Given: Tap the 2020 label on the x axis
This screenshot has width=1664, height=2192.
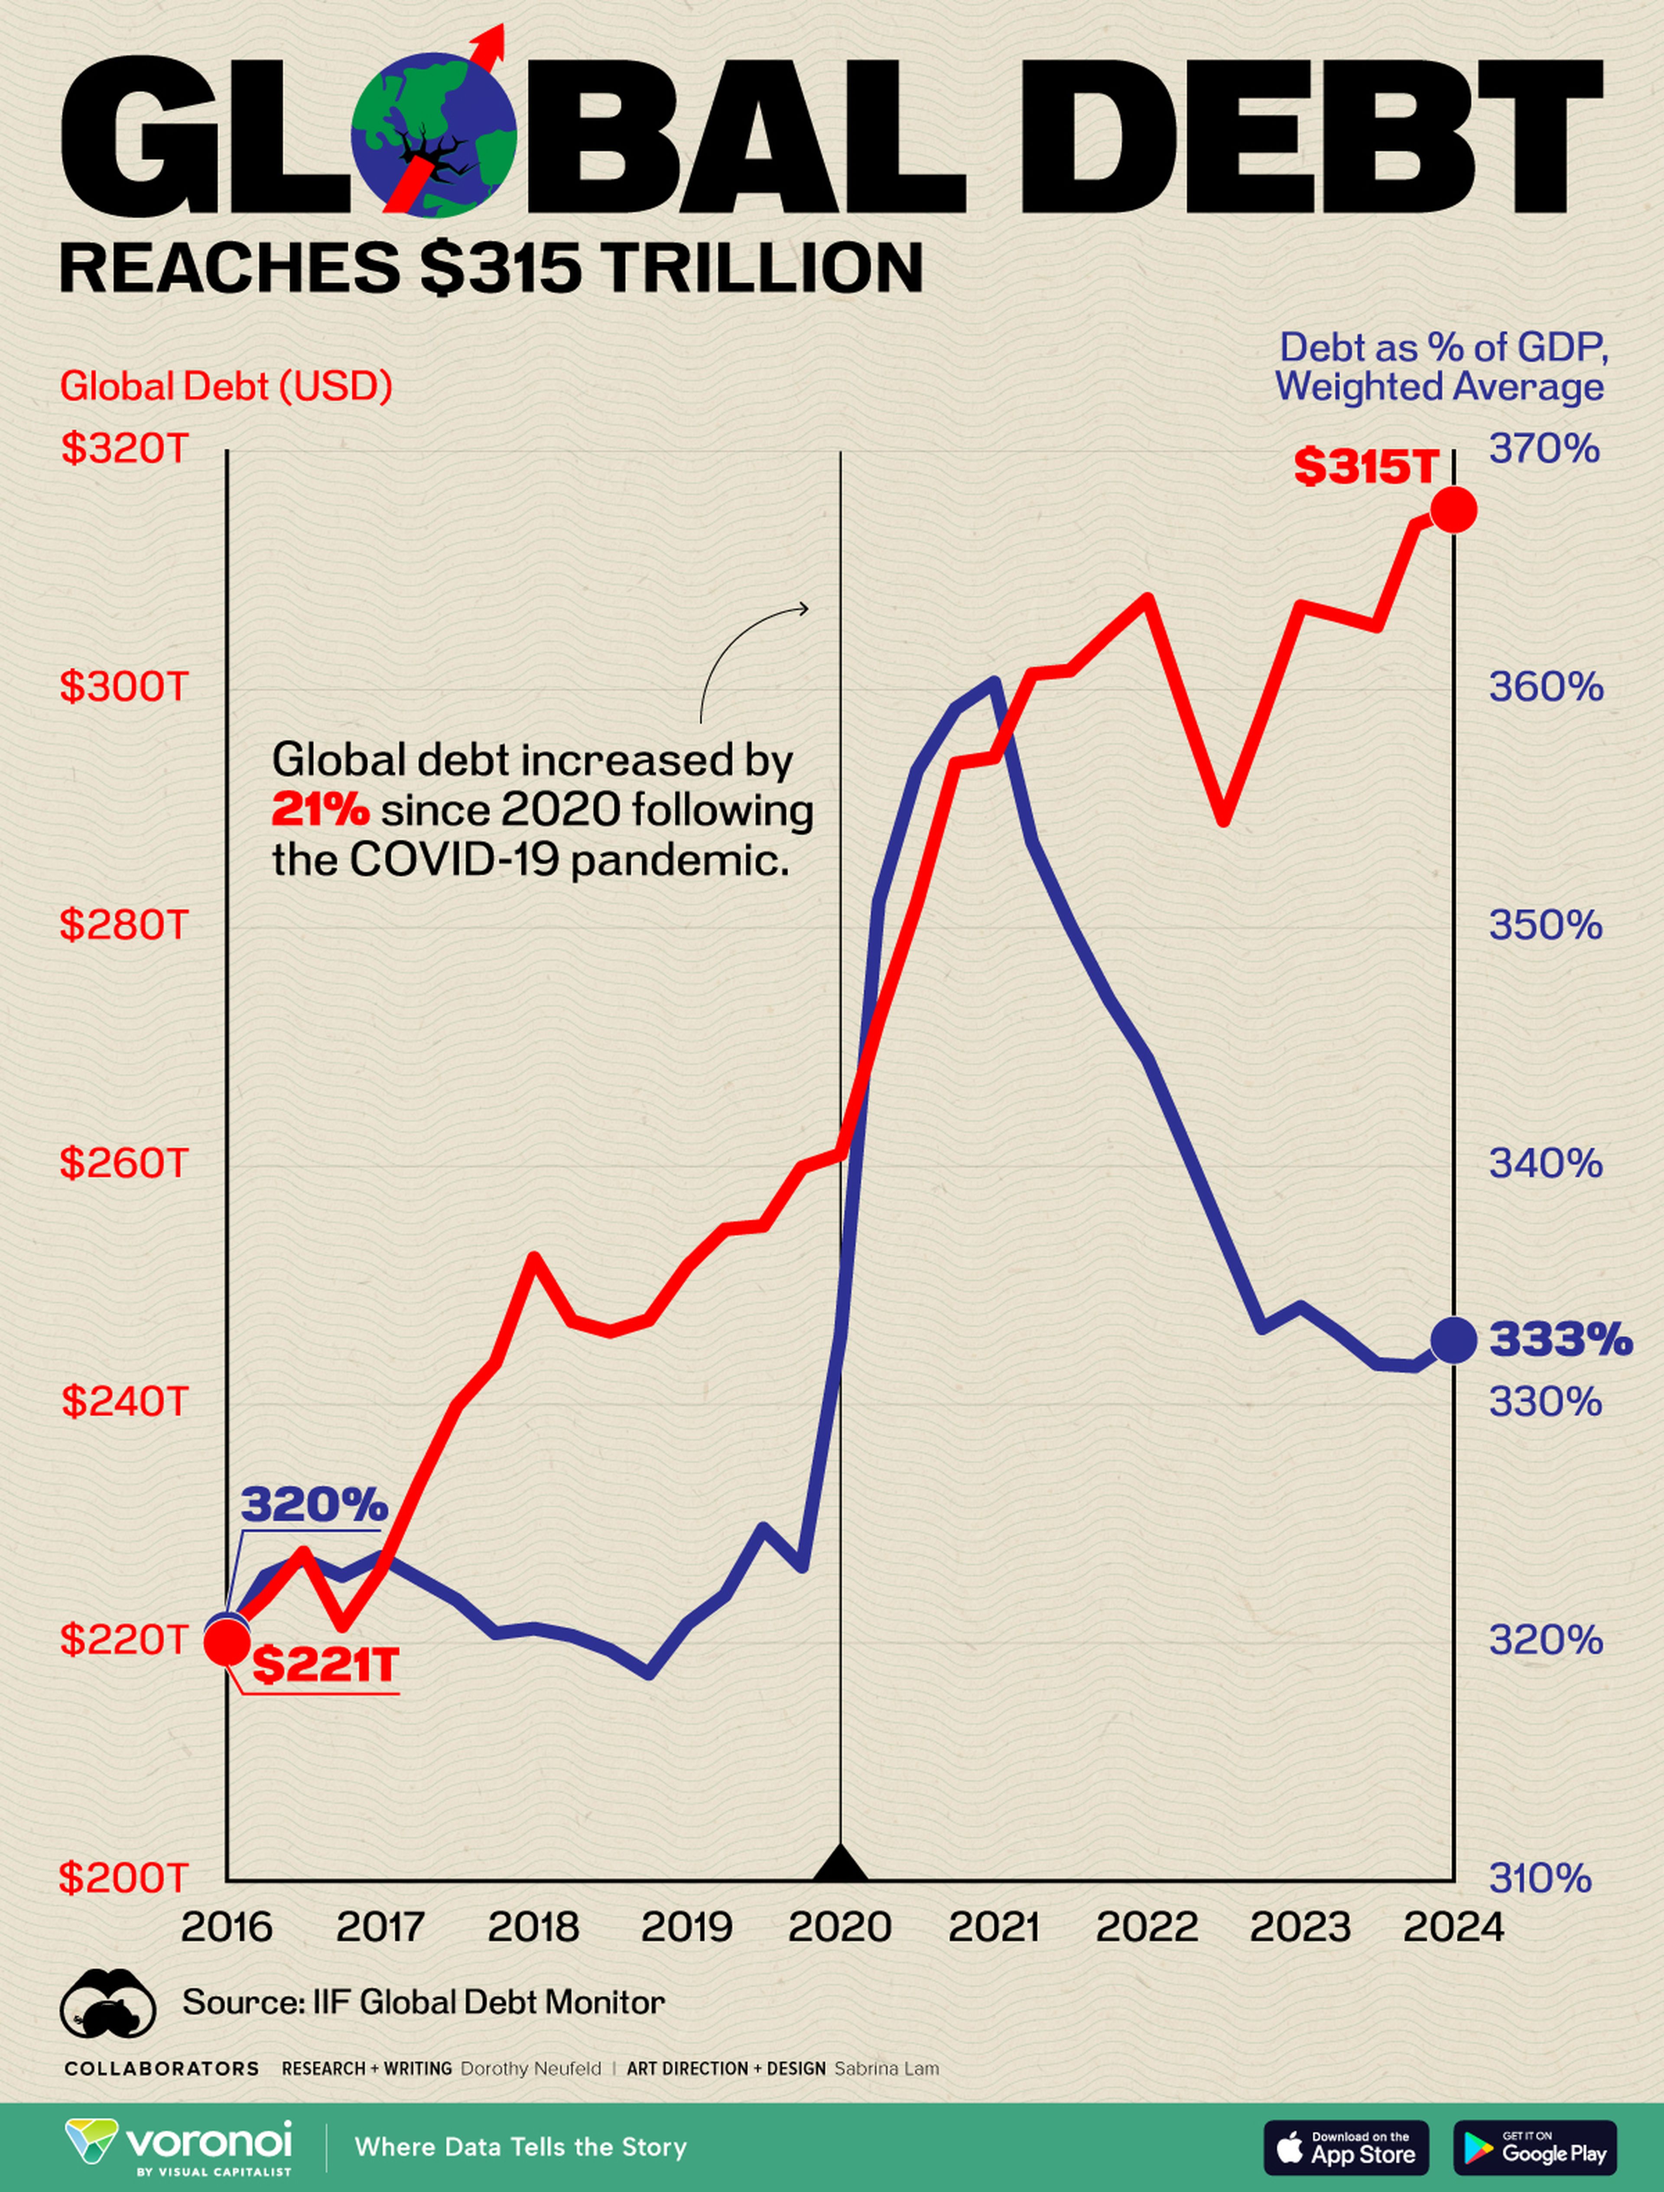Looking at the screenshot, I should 839,1926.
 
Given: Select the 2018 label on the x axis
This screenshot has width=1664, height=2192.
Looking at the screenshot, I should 533,1926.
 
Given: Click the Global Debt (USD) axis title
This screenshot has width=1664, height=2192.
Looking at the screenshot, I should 226,386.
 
